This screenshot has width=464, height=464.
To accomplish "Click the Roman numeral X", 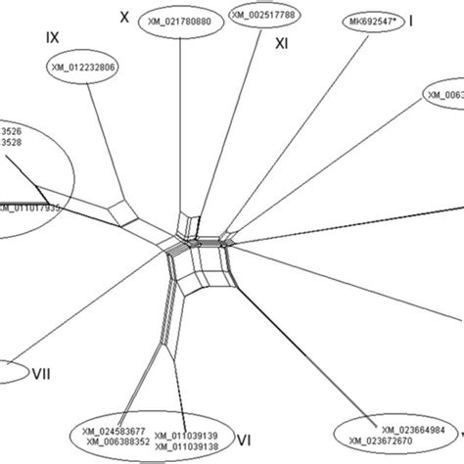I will tap(123, 17).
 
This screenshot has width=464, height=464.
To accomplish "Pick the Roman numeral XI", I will tap(281, 43).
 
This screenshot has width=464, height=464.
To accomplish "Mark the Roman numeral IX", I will tap(54, 37).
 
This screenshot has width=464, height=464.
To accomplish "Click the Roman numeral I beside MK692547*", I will tap(411, 20).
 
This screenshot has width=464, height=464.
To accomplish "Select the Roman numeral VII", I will tap(42, 372).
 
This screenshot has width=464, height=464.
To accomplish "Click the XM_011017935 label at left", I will tap(30, 208).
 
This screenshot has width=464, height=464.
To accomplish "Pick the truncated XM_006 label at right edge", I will tap(444, 95).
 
